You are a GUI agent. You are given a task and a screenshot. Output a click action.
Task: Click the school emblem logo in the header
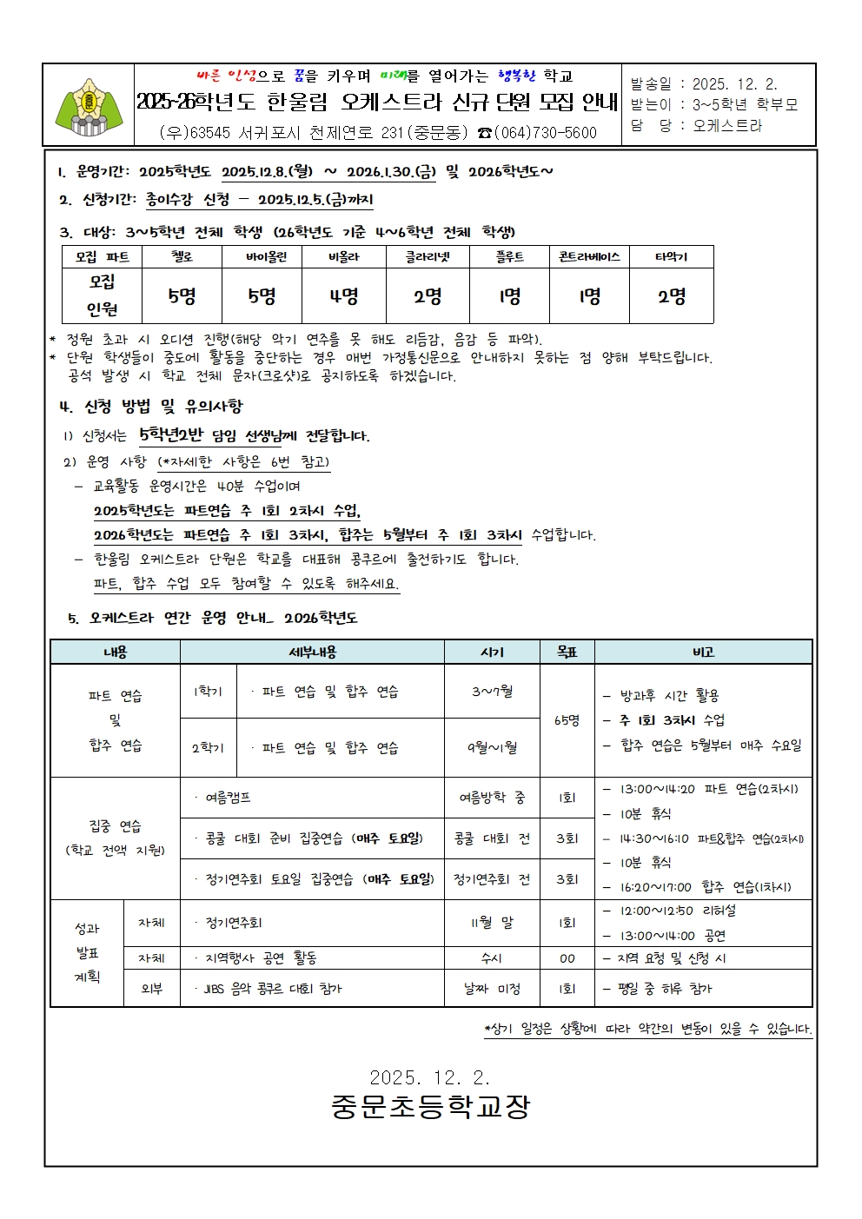89,105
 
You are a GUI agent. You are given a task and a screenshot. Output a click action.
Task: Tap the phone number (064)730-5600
546,133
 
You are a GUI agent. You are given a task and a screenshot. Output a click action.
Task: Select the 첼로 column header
182,257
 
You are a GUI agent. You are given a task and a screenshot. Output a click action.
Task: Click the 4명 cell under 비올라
344,296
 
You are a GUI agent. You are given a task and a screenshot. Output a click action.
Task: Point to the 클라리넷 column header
428,257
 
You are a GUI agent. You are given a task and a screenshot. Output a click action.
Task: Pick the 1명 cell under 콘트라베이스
589,296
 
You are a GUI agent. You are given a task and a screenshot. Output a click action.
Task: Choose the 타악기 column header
671,257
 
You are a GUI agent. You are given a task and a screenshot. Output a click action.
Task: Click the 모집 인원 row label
103,295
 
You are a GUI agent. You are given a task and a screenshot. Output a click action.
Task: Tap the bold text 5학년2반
171,434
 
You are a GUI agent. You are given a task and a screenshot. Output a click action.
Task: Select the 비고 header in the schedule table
703,653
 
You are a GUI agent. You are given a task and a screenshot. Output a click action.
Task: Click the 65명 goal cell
567,720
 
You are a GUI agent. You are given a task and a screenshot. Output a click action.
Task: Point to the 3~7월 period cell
492,692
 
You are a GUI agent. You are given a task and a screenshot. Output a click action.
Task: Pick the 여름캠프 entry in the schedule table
229,798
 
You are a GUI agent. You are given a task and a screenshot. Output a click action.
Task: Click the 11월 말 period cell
492,923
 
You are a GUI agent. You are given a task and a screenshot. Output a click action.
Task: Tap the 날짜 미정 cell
492,989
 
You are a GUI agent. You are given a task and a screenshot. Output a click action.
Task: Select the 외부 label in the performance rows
151,989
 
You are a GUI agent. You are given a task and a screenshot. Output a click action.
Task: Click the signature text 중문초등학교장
430,1106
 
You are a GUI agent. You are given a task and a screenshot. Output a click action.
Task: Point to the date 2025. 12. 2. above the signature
430,1078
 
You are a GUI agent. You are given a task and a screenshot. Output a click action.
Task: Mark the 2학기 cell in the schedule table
208,747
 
